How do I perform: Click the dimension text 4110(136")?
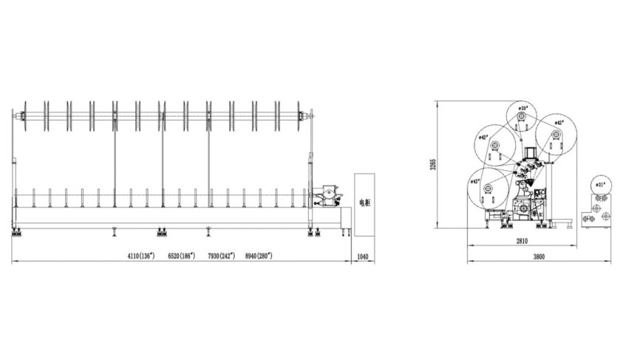point(140,255)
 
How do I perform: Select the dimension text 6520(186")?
point(181,255)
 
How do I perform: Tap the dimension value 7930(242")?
point(221,255)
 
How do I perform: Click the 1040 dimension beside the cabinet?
point(362,256)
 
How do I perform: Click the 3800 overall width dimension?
point(540,257)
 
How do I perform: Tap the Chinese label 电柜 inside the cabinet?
point(362,202)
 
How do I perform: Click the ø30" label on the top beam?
point(523,109)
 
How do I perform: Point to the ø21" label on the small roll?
point(600,184)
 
